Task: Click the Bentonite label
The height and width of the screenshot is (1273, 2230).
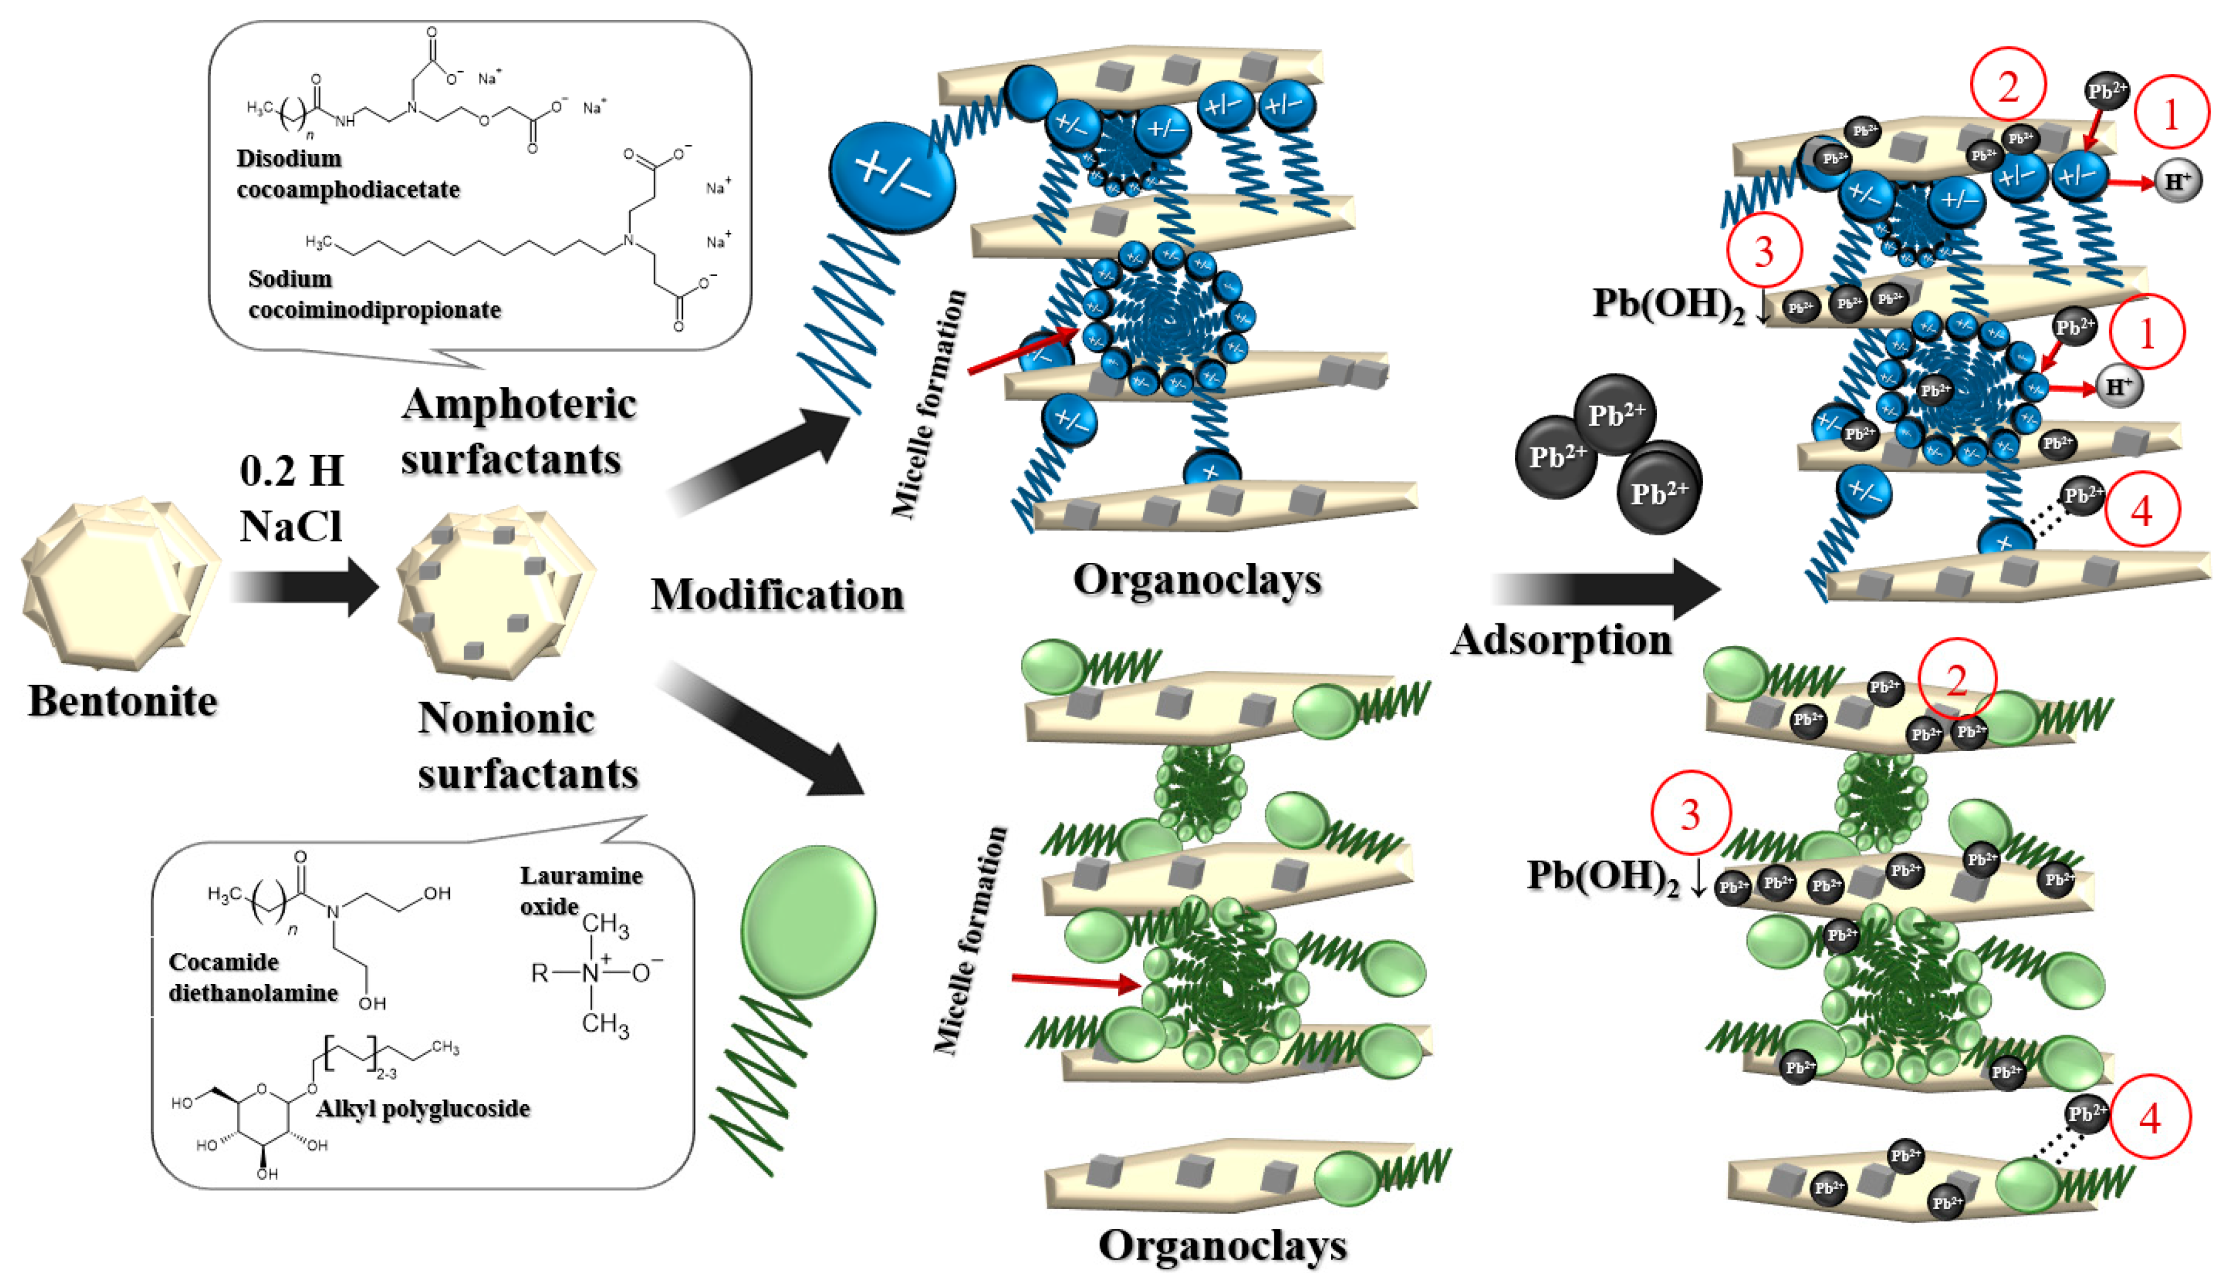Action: pos(123,701)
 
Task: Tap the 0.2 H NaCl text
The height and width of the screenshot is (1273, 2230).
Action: pos(291,498)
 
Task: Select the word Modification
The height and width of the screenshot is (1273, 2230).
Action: pos(777,595)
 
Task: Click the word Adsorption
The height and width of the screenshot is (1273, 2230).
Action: pos(1561,640)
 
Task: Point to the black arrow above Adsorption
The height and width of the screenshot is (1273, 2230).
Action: pos(1605,588)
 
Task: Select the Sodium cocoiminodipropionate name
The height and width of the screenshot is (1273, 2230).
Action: pos(374,294)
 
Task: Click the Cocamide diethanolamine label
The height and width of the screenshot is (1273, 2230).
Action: pos(253,977)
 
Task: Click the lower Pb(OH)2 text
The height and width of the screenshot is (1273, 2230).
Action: pos(1603,876)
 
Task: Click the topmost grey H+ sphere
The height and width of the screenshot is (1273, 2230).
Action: pos(2177,181)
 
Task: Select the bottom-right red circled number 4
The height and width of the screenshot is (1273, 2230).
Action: pos(2150,1118)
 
